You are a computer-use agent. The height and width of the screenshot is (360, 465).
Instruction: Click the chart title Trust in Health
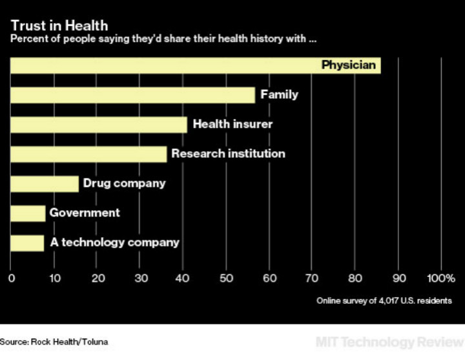pyautogui.click(x=59, y=25)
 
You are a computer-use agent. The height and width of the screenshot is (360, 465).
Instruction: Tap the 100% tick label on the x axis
pyautogui.click(x=441, y=279)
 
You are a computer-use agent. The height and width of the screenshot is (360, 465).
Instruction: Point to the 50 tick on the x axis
pyautogui.click(x=226, y=279)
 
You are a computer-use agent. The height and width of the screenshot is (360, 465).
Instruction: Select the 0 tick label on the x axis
pyautogui.click(x=12, y=279)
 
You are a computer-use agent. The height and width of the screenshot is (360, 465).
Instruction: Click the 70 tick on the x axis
pyautogui.click(x=312, y=279)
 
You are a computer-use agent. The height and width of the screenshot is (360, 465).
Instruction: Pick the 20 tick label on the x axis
pyautogui.click(x=98, y=279)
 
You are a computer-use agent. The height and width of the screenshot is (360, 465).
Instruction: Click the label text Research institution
pyautogui.click(x=228, y=154)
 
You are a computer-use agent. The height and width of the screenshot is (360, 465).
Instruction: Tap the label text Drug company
pyautogui.click(x=124, y=184)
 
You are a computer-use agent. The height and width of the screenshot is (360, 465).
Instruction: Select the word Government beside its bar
pyautogui.click(x=85, y=213)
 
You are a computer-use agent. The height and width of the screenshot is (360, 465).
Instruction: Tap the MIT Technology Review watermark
pyautogui.click(x=389, y=341)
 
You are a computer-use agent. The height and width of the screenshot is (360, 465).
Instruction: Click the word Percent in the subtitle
pyautogui.click(x=26, y=39)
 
